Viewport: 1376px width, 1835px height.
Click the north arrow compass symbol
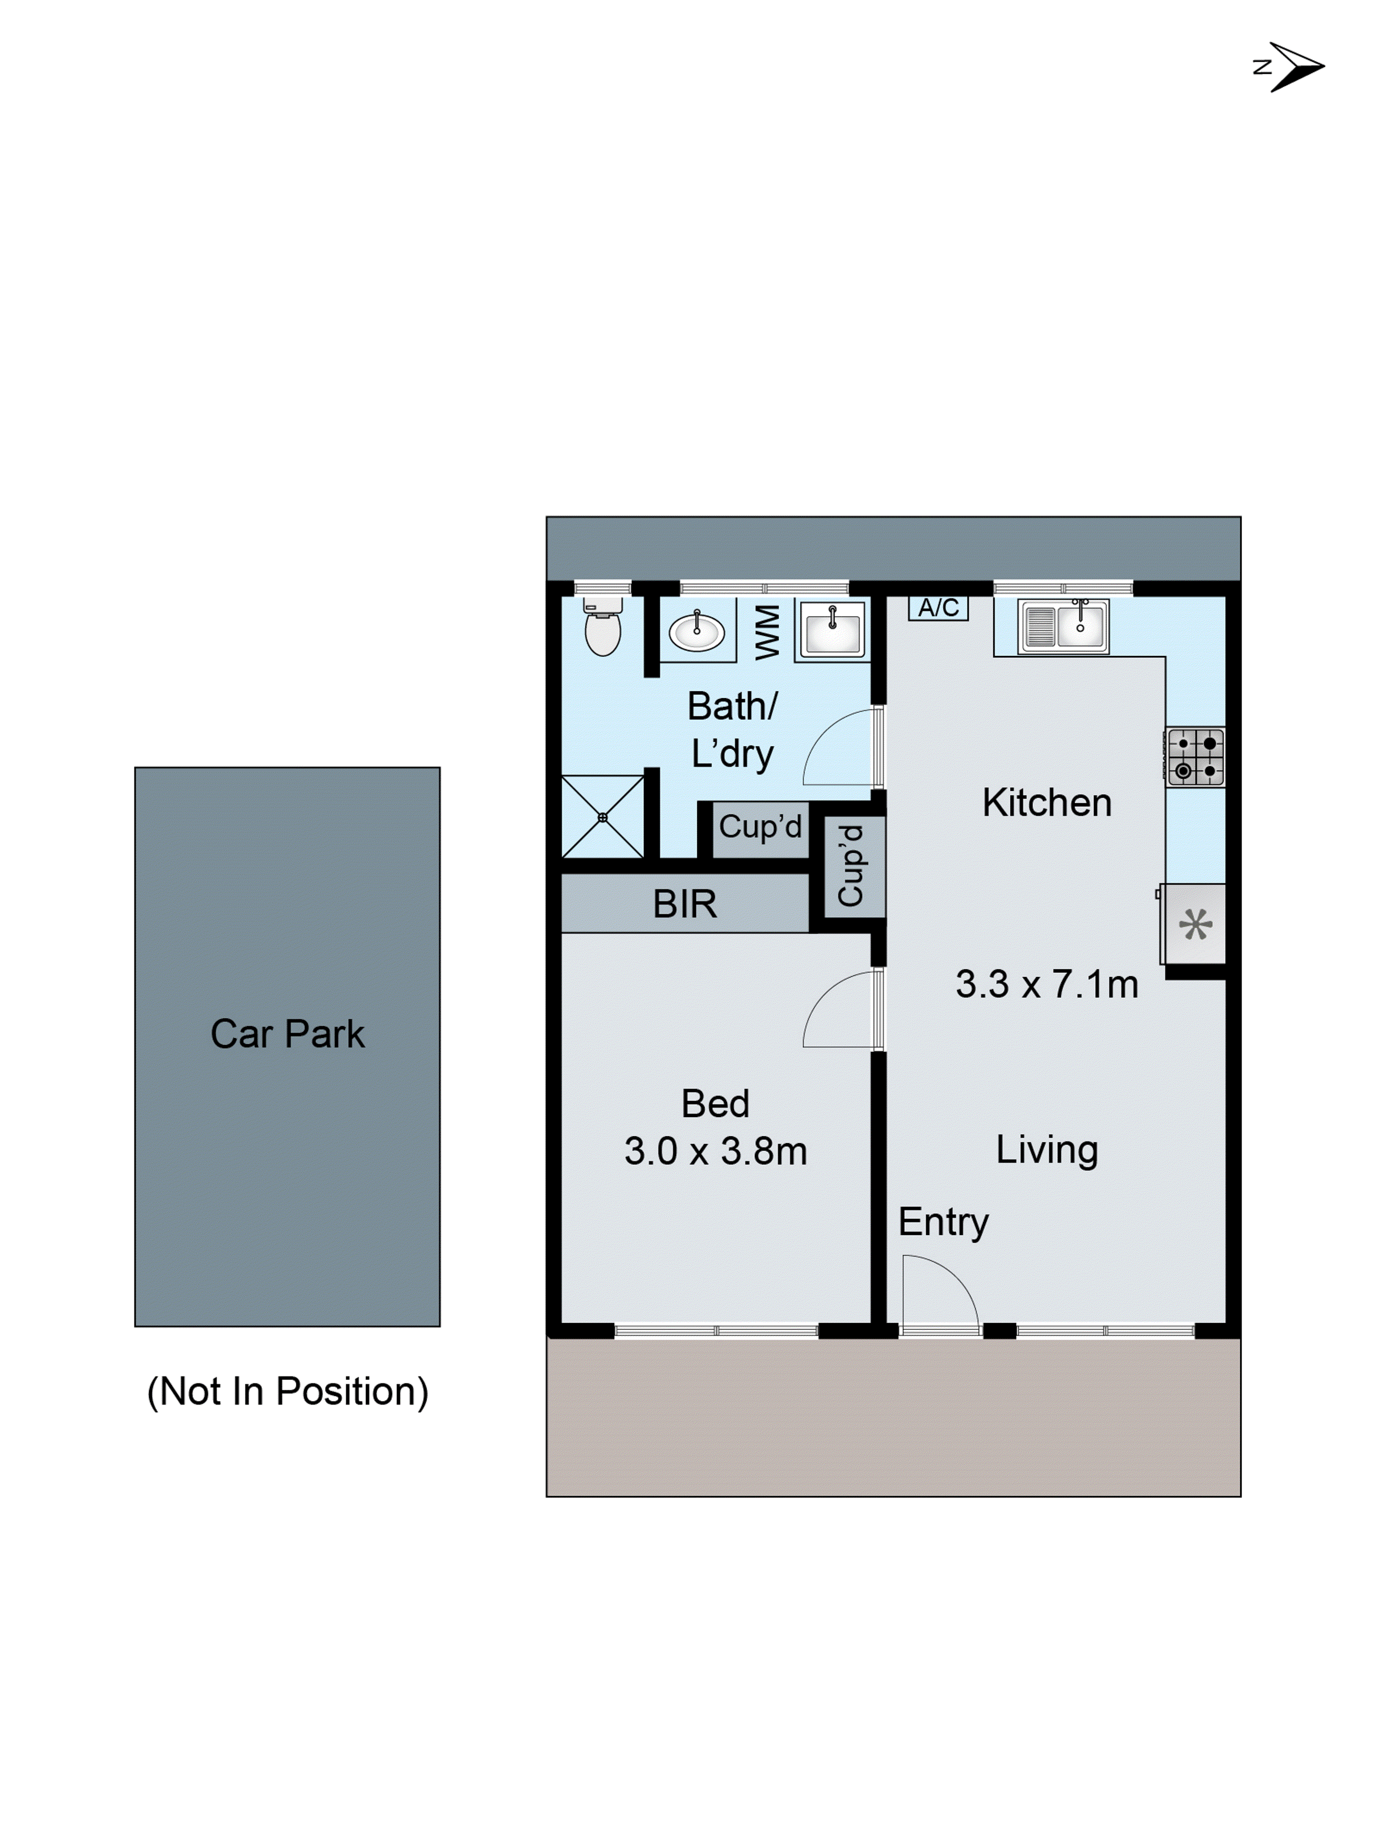pyautogui.click(x=1292, y=67)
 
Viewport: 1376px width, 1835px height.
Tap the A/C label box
pyautogui.click(x=938, y=608)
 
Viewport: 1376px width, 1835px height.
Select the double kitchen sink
pyautogui.click(x=1063, y=626)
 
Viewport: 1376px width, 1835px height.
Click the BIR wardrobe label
pyautogui.click(x=684, y=904)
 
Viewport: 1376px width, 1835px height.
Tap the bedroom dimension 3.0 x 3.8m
pyautogui.click(x=715, y=1151)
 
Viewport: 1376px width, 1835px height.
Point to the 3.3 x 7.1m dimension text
pyautogui.click(x=1047, y=984)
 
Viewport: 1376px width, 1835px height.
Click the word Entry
pyautogui.click(x=943, y=1222)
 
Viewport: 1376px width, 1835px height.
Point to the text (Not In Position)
pyautogui.click(x=287, y=1391)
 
